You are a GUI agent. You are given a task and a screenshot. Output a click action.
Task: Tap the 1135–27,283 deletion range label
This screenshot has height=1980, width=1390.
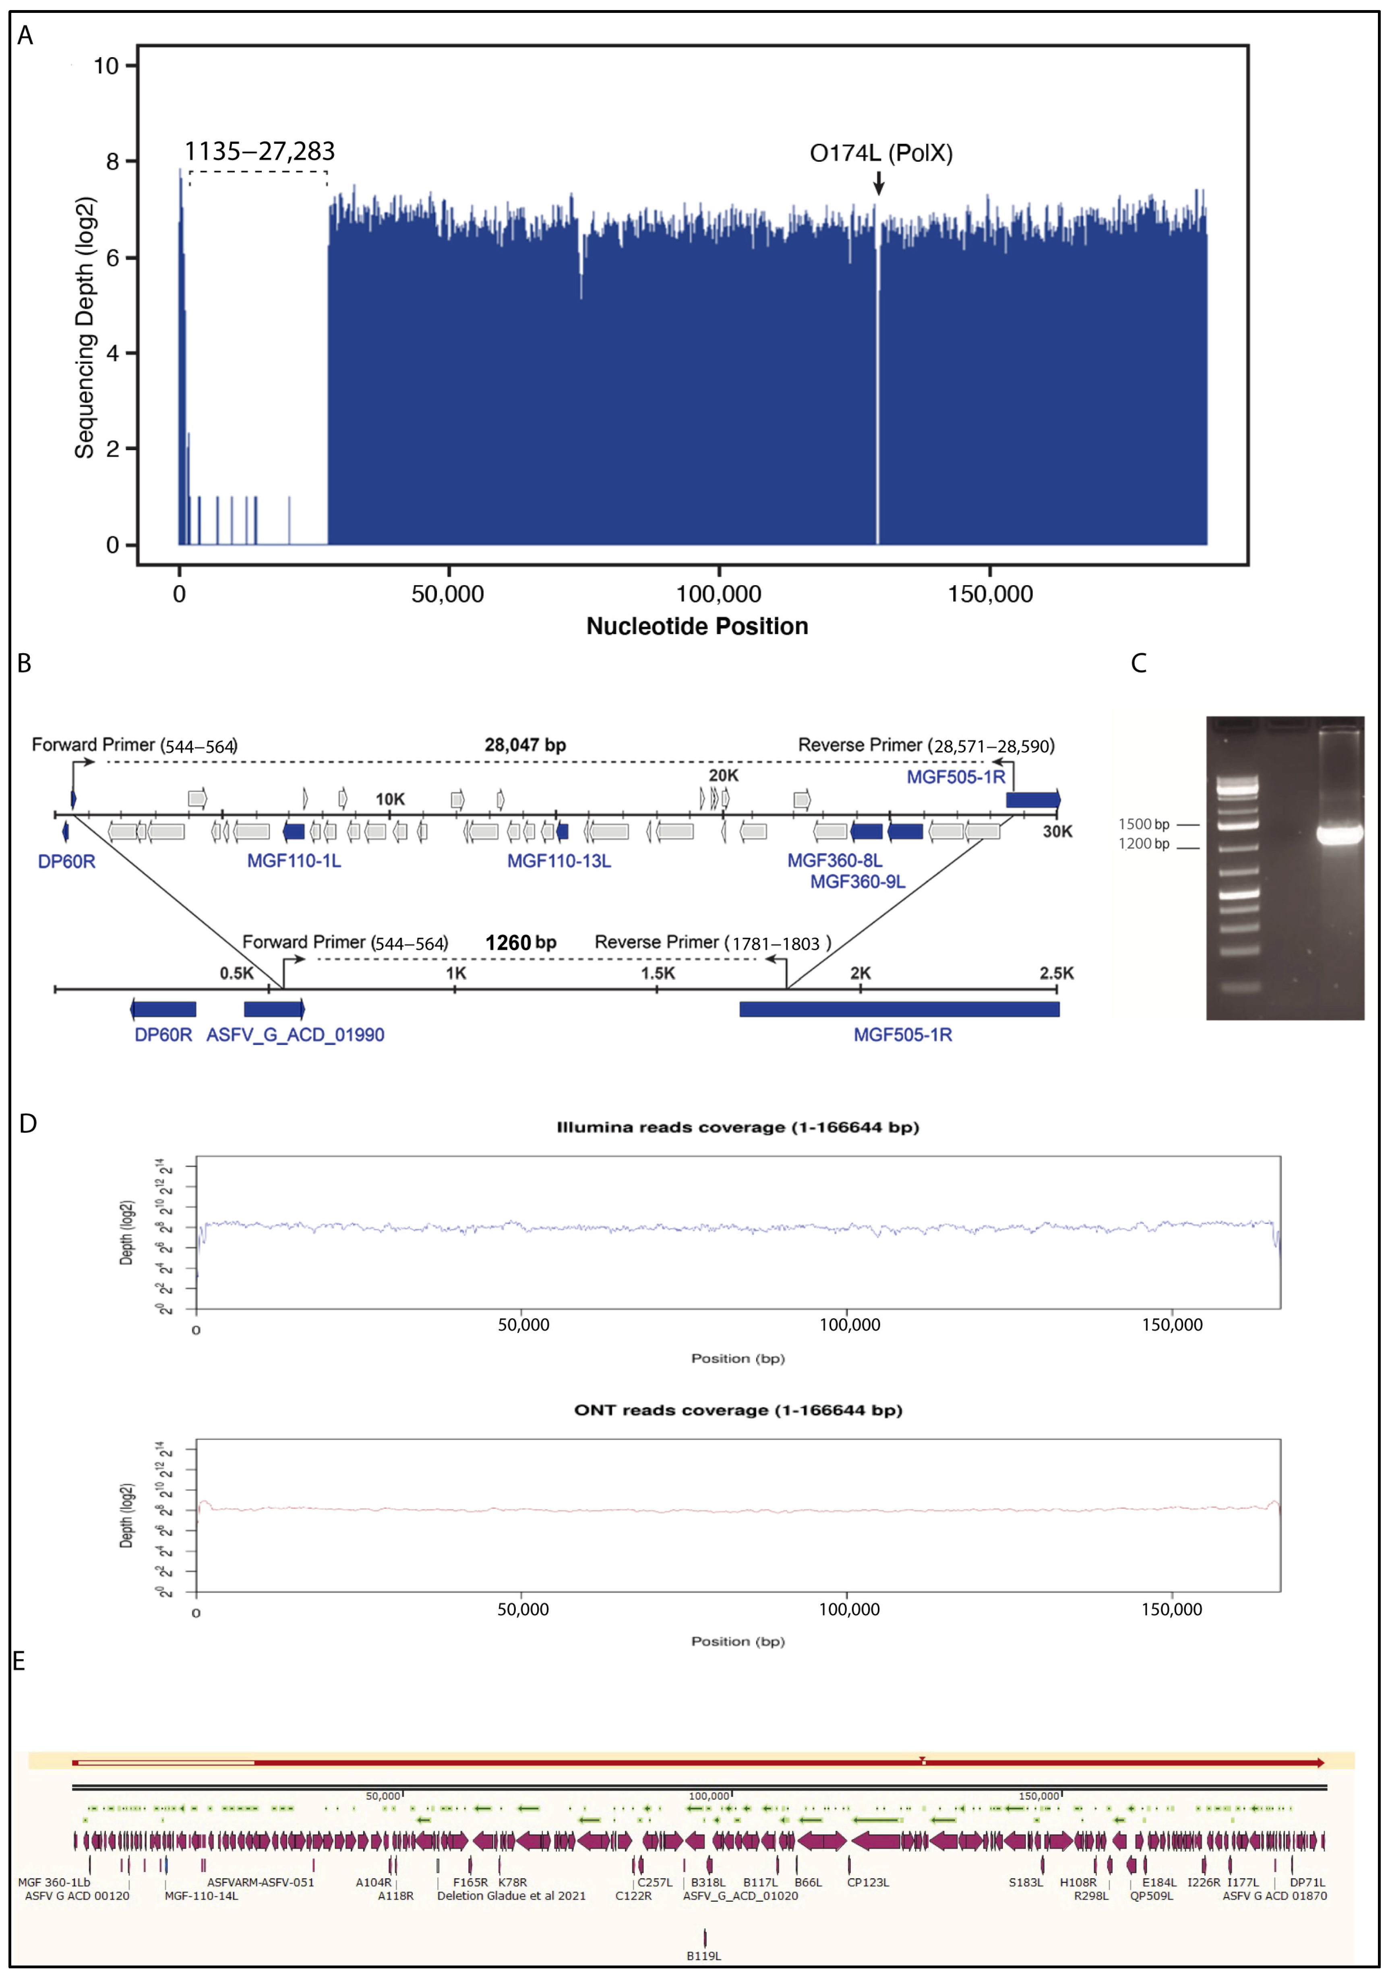tap(260, 152)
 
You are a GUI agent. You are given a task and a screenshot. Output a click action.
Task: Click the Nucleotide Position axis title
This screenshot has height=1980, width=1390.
tap(697, 626)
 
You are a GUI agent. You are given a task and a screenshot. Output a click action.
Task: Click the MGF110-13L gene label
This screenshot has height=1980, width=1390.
tap(559, 861)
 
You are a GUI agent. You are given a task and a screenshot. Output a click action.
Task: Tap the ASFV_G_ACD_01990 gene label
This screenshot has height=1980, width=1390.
tap(295, 1035)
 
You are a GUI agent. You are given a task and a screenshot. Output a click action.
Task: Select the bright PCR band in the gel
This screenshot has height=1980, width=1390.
tap(1339, 834)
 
